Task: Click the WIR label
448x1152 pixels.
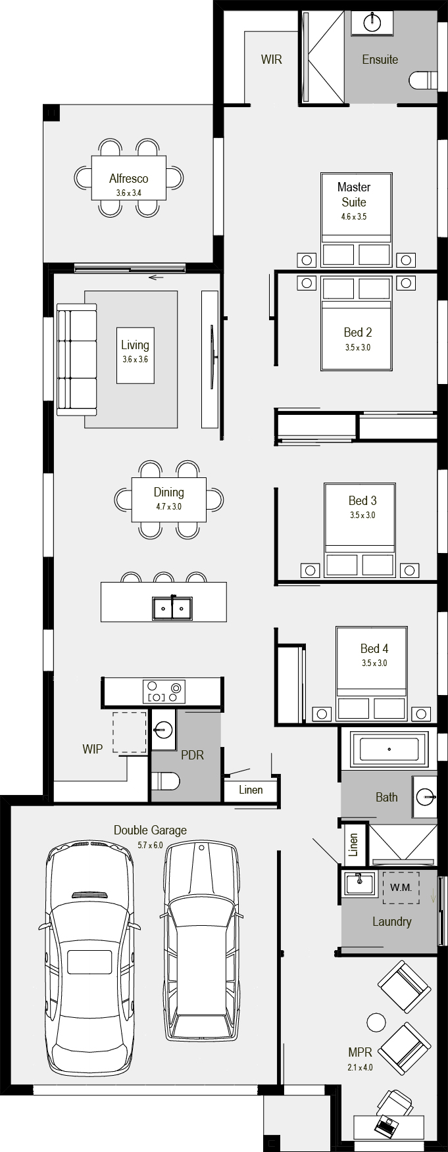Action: pyautogui.click(x=271, y=60)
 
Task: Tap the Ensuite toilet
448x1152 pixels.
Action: pyautogui.click(x=424, y=80)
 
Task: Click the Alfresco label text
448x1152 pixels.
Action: pyautogui.click(x=128, y=179)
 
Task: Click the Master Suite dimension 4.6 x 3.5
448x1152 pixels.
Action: pyautogui.click(x=354, y=216)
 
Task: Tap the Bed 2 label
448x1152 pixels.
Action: pyautogui.click(x=358, y=333)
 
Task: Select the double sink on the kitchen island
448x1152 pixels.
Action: pyautogui.click(x=172, y=608)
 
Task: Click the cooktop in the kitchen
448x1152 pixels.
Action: pyautogui.click(x=164, y=691)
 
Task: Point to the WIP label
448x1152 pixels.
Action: pyautogui.click(x=92, y=749)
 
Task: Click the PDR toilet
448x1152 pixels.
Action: pyautogui.click(x=165, y=781)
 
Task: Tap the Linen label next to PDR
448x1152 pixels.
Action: pyautogui.click(x=251, y=790)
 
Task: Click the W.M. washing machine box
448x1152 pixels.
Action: pyautogui.click(x=401, y=888)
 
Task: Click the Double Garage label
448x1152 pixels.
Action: pyautogui.click(x=150, y=830)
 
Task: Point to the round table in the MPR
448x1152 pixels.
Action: pyautogui.click(x=376, y=1022)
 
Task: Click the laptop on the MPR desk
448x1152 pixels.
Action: pyautogui.click(x=386, y=1125)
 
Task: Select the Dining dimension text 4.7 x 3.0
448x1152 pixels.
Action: pyautogui.click(x=168, y=507)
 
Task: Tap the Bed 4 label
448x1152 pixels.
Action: pyautogui.click(x=374, y=649)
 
